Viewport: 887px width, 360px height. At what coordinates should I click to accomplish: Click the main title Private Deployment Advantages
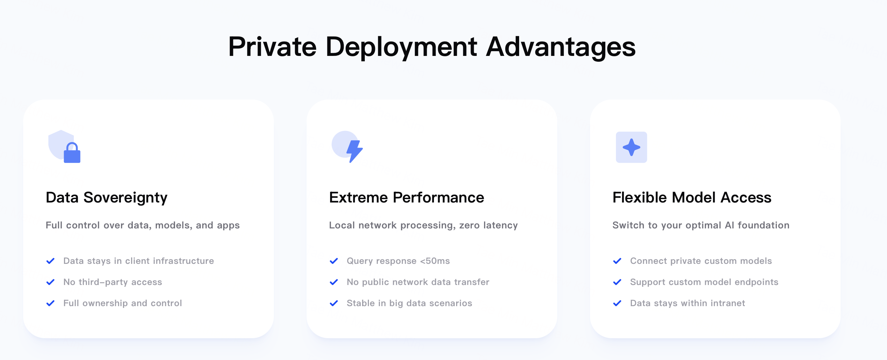432,47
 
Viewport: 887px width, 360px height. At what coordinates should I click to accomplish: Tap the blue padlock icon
72,153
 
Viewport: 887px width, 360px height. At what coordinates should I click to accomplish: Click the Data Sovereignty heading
106,198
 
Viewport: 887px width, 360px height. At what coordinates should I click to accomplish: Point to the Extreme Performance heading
406,197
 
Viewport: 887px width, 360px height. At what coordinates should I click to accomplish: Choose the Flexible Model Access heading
692,197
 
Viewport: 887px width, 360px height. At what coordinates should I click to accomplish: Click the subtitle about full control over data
142,225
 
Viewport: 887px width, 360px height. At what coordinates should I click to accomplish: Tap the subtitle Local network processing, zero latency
423,225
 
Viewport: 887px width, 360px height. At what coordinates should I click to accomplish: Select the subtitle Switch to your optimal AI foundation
701,225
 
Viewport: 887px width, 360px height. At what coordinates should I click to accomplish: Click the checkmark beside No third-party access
50,282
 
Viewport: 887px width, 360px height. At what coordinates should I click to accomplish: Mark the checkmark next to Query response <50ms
334,261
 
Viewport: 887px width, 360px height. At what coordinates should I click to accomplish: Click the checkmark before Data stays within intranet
617,303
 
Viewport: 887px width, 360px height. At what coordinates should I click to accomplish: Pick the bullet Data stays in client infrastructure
138,261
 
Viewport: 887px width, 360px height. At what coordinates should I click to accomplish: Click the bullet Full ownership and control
123,303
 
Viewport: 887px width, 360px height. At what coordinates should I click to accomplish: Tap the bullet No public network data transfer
418,282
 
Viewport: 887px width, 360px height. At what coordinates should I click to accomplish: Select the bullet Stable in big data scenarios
409,303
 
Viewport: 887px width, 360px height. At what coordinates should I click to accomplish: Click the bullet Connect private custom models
701,261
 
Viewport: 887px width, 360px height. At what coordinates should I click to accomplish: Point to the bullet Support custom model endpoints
704,282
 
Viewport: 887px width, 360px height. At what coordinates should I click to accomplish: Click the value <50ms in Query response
435,261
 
